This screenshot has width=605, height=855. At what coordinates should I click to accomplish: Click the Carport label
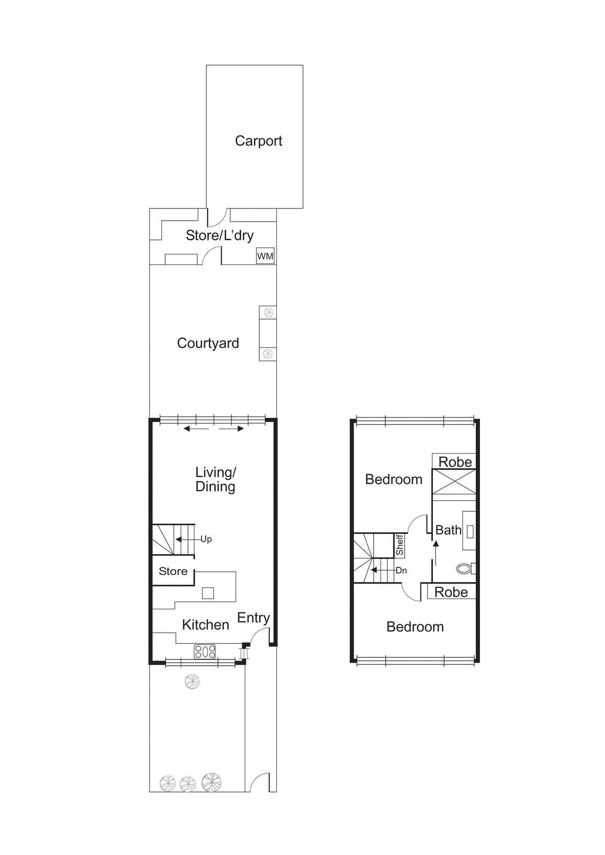[x=258, y=141]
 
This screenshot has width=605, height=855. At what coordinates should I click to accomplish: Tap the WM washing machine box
[x=265, y=256]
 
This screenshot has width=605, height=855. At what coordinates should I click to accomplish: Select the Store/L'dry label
[x=219, y=236]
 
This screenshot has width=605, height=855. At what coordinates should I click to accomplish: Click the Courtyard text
[x=208, y=343]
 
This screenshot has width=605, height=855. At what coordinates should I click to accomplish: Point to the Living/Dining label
[x=215, y=479]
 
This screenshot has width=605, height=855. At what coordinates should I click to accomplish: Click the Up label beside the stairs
[x=206, y=539]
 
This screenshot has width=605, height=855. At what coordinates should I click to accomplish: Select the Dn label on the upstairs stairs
[x=401, y=571]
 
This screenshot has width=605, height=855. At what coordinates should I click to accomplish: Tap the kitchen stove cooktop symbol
[x=205, y=651]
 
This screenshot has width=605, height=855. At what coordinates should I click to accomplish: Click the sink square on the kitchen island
[x=208, y=593]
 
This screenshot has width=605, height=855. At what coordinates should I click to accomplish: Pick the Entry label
[x=253, y=618]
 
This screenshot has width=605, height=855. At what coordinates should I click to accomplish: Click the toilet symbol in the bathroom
[x=464, y=569]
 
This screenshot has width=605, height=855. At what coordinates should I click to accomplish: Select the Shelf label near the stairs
[x=399, y=545]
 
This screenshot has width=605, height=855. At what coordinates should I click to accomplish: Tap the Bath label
[x=448, y=530]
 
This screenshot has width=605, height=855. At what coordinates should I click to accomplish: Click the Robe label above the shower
[x=455, y=462]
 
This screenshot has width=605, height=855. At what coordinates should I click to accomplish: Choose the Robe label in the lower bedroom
[x=451, y=592]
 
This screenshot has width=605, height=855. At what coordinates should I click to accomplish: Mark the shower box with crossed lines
[x=454, y=482]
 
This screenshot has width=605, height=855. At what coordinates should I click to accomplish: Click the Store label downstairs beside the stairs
[x=173, y=571]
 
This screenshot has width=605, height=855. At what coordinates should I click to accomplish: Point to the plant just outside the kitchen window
[x=192, y=681]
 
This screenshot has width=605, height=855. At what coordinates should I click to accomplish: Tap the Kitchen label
[x=205, y=625]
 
